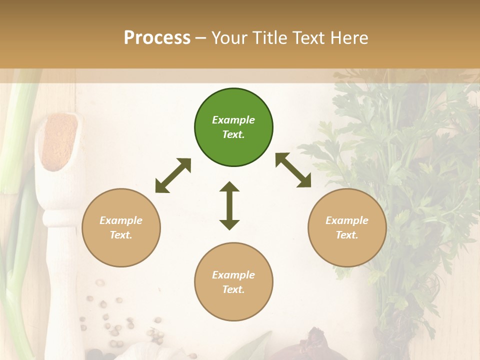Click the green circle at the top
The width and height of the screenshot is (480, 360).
pos(233,127)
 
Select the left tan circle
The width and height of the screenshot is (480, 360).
pos(121,227)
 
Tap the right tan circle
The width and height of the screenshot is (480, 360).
pos(347,227)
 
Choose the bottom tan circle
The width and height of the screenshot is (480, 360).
pos(233,282)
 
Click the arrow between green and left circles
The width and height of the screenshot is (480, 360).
pos(173,175)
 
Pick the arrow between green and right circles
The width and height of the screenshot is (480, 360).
pos(293,170)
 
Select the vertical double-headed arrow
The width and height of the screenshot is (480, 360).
pos(229,205)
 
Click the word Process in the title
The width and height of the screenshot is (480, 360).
pos(157,37)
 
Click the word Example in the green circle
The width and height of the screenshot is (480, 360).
pos(233,120)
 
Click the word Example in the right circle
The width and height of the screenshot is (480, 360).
pos(347,220)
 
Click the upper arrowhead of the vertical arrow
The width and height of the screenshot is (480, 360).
pos(229,187)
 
